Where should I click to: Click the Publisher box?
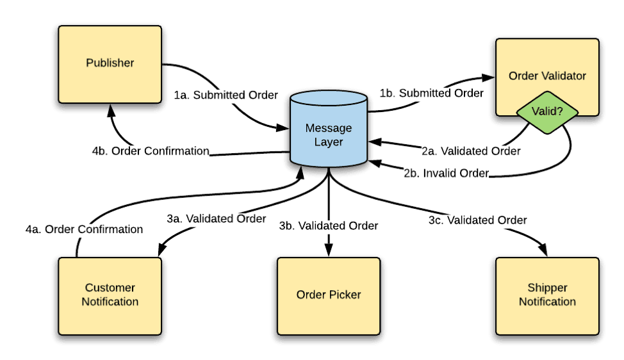tap(110, 65)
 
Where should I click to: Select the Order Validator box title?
tap(547, 76)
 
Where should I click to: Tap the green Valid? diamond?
tap(547, 112)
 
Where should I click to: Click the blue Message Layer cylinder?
tap(329, 129)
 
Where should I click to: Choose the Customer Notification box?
tap(110, 296)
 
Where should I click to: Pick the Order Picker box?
tap(329, 296)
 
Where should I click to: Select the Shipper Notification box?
tap(547, 296)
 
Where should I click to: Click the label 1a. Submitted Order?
tap(226, 95)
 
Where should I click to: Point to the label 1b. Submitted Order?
tap(431, 93)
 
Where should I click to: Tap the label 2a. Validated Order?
tap(471, 151)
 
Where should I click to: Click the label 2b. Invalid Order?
tap(446, 174)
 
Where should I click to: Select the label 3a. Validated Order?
tap(216, 219)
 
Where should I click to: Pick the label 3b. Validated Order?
tap(328, 226)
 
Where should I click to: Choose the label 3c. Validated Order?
tap(477, 220)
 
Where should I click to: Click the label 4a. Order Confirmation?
tap(84, 229)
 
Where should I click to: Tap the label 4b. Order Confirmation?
tap(151, 151)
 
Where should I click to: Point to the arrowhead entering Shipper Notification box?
tap(543, 250)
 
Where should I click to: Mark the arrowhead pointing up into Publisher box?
tap(111, 110)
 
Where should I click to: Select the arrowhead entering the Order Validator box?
tap(488, 78)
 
